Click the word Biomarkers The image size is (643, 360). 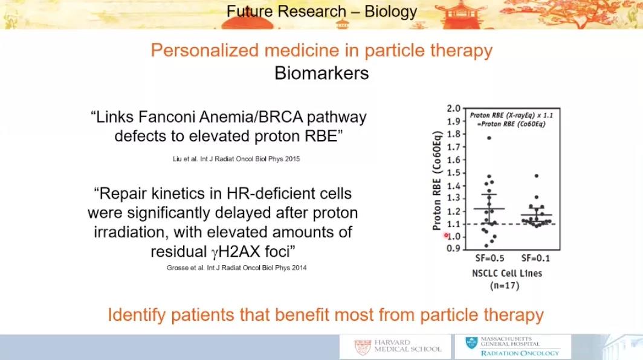[x=321, y=74]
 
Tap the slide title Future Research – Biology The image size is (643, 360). [x=322, y=11]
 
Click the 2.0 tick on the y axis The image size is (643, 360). [x=454, y=109]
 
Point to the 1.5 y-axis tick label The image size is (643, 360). [x=454, y=173]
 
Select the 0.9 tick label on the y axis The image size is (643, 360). [x=454, y=248]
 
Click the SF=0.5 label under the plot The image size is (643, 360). [x=490, y=259]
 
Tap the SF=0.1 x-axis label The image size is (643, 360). [x=535, y=259]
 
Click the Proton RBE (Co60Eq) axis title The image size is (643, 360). [x=437, y=181]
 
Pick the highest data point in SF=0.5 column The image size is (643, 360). [x=489, y=138]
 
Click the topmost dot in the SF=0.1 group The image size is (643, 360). [x=537, y=176]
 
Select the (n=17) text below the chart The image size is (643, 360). [x=505, y=285]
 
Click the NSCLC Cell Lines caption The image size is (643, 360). [x=507, y=274]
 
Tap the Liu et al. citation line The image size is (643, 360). [x=236, y=159]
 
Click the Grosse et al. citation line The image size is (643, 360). [x=237, y=268]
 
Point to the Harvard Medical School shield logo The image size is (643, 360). [x=363, y=347]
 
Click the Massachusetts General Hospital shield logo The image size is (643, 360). [x=471, y=342]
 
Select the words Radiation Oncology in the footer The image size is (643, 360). [x=520, y=353]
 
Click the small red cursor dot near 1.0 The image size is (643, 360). [x=446, y=236]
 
